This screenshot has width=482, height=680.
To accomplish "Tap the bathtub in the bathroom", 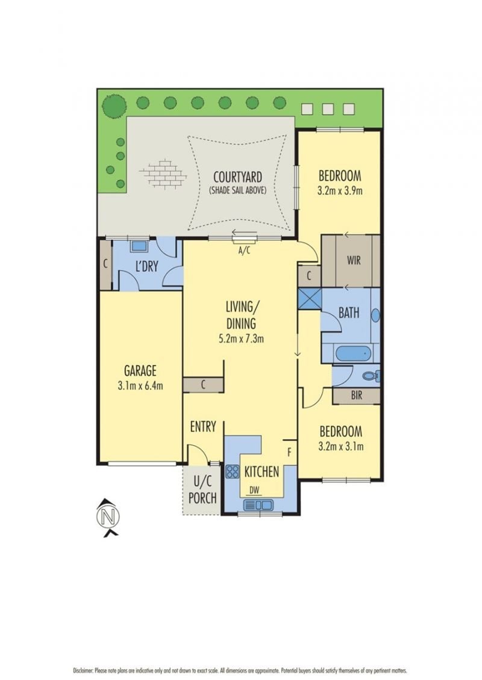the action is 354,354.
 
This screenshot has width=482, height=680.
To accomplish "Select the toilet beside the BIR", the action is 371,376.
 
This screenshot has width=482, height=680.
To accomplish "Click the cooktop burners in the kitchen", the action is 233,472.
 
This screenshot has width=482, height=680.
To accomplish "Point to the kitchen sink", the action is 258,505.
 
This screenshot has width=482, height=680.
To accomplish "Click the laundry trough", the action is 139,246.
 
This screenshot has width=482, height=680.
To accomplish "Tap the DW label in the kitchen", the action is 254,491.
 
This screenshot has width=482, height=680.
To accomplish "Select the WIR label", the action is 354,261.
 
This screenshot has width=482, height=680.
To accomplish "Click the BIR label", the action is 357,396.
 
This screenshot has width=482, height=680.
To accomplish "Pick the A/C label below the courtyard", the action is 245,250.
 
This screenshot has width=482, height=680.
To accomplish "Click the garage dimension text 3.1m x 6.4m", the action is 140,385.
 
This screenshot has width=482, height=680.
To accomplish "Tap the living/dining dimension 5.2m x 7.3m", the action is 241,338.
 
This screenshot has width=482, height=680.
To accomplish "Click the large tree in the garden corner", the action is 114,106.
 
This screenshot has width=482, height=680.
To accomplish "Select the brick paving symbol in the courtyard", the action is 163,173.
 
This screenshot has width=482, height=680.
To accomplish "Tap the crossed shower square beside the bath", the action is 310,298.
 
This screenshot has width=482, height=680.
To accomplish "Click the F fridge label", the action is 289,452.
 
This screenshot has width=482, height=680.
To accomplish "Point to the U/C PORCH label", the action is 202,489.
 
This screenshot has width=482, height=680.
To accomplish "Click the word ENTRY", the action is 203,427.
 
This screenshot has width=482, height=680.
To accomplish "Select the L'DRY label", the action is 146,266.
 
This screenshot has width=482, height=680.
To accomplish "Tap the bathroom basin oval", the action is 376,315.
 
